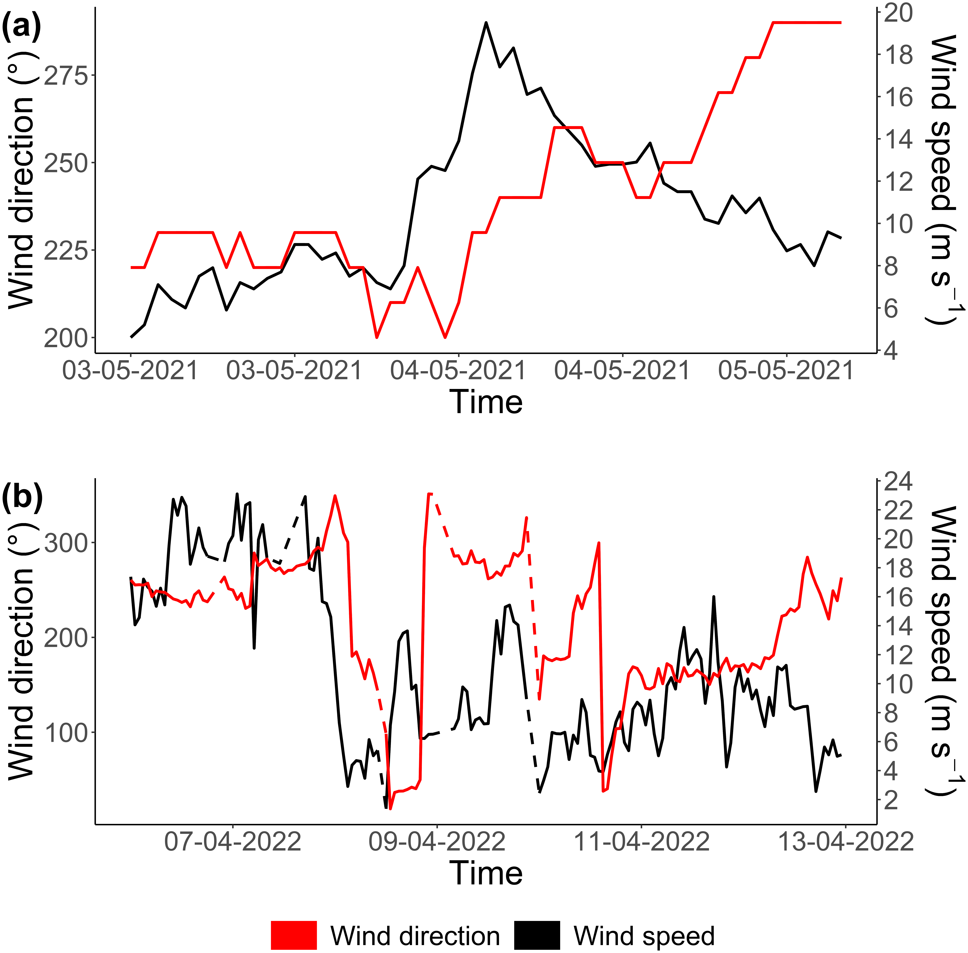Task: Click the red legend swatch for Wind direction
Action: pyautogui.click(x=294, y=935)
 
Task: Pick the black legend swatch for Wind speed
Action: pyautogui.click(x=537, y=935)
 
